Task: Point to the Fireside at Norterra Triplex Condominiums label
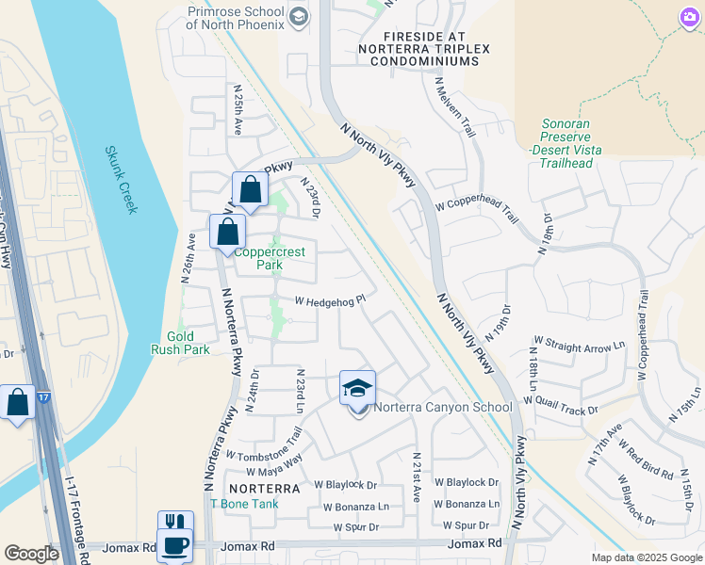(418, 47)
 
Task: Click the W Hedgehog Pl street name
(330, 302)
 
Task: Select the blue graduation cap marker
(357, 387)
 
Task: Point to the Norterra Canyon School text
(442, 408)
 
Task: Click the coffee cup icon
(175, 544)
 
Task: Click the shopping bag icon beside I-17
(18, 402)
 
